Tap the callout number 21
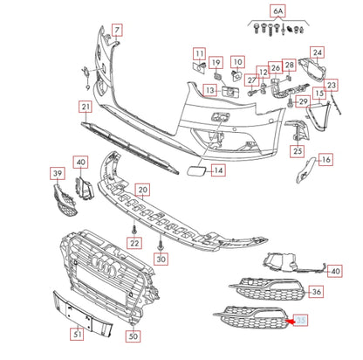tap(86, 107)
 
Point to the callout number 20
tap(142, 189)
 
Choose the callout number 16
tap(325, 160)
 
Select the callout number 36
tap(316, 292)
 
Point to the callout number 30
tap(161, 260)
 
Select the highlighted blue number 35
tap(302, 322)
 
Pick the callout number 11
tap(199, 53)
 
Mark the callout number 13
tap(209, 90)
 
